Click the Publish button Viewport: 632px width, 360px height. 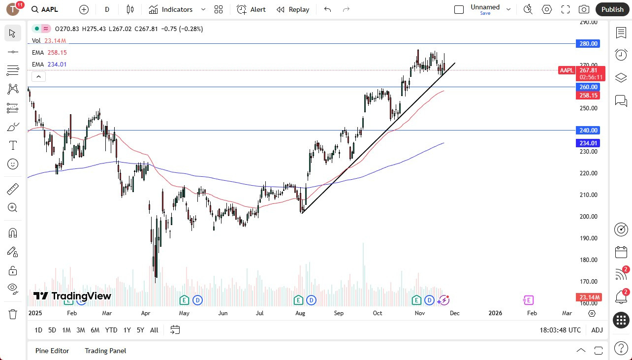tap(612, 9)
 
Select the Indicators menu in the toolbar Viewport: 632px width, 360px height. tap(171, 9)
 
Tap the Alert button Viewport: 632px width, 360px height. tap(251, 9)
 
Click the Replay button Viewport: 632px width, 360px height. tap(293, 9)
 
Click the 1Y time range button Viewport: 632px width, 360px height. tap(127, 330)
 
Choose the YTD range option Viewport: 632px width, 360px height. tap(111, 330)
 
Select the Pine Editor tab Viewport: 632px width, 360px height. tap(52, 351)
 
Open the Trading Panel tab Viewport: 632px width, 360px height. tap(105, 351)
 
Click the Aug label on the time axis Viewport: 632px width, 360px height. tap(300, 313)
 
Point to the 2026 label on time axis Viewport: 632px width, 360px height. tap(495, 313)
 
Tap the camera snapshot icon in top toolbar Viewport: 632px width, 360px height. tap(584, 9)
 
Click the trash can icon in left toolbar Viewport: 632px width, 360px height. tap(13, 314)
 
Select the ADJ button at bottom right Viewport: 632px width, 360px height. tap(597, 330)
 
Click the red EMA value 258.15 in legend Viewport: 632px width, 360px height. tap(57, 53)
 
